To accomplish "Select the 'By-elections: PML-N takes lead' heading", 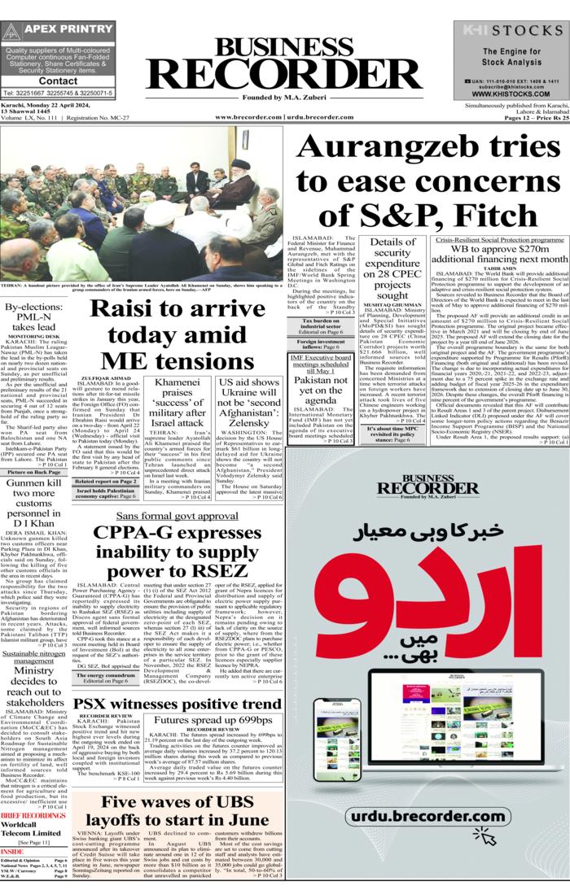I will coord(33,317).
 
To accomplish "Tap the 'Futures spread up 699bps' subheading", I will coord(213,720).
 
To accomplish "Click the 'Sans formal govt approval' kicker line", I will coord(177,516).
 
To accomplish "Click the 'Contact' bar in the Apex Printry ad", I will coord(58,81).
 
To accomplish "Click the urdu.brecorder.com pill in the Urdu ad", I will coord(426,816).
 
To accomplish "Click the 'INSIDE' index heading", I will coord(13,851).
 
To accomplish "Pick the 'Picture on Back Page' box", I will coord(33,472).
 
